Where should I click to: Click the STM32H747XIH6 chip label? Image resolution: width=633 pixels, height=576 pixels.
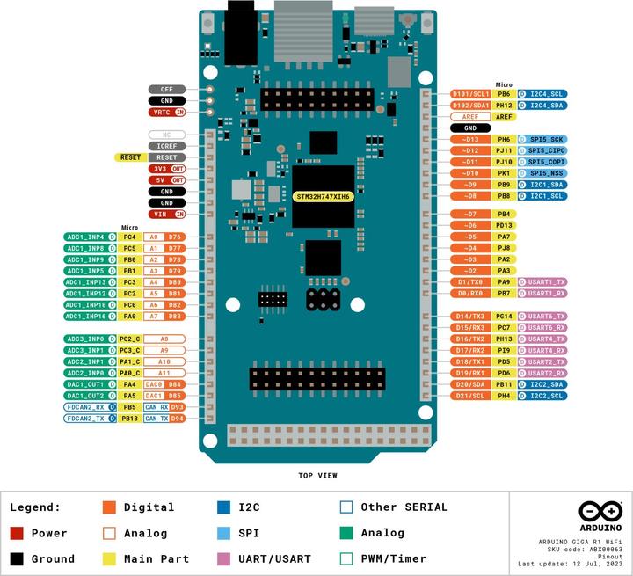323,196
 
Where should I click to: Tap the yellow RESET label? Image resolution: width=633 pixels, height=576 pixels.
130,157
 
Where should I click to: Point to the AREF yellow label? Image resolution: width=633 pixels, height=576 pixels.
504,116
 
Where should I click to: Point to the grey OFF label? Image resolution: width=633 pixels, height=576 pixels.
166,89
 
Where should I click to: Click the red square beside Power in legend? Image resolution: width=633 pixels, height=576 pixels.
17,533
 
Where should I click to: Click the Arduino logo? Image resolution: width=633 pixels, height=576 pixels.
600,512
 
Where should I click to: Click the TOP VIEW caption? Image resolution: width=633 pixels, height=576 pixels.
318,475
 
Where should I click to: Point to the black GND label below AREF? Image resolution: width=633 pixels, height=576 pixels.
470,128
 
